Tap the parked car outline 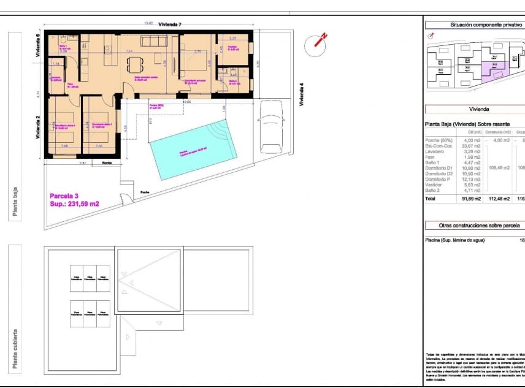pos(270,126)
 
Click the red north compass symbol pos(317,42)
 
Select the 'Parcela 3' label pos(66,196)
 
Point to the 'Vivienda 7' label pos(170,24)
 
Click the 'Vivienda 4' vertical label pos(301,94)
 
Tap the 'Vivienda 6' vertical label pos(38,45)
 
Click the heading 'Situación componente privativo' pos(474,25)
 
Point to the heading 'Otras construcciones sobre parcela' pos(474,226)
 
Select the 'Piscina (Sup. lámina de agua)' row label pos(454,240)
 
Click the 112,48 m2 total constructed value pos(497,199)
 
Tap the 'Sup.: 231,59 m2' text pos(74,204)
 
